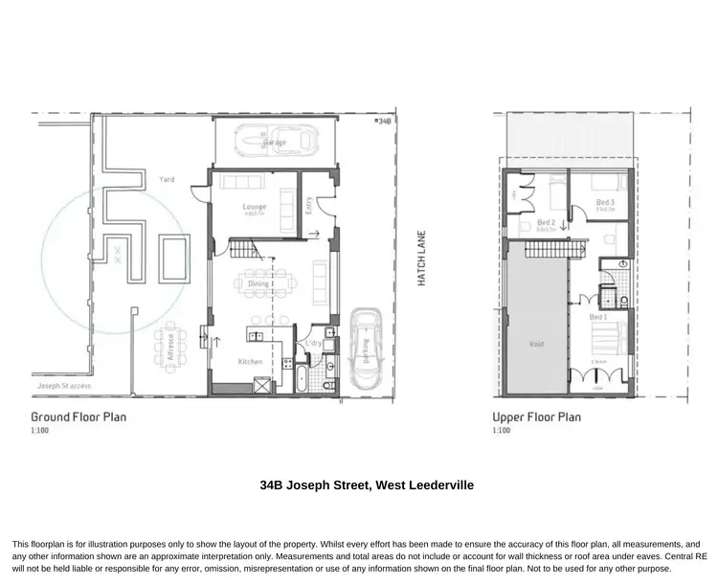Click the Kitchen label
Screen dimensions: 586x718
[x=251, y=361]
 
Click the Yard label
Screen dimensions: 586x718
[x=166, y=179]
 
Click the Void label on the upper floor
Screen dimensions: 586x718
[x=536, y=342]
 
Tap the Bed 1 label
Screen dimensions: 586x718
[x=597, y=317]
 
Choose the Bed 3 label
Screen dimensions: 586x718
[x=604, y=202]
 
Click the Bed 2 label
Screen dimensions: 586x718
[x=547, y=222]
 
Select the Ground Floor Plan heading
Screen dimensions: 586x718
[x=79, y=417]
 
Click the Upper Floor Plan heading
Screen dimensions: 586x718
[x=537, y=417]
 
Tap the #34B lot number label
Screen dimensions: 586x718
[x=383, y=122]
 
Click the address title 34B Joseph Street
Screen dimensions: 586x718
[x=367, y=485]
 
